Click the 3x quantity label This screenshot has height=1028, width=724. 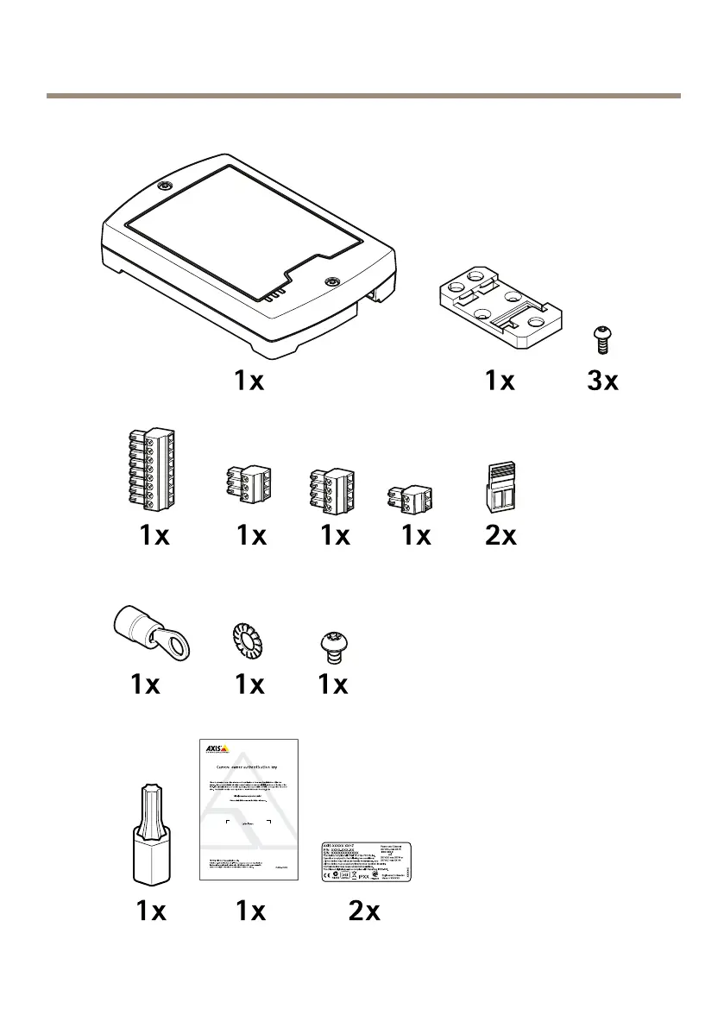[x=602, y=381]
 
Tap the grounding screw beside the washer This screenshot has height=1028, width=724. [x=332, y=645]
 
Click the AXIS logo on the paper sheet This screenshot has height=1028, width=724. [x=213, y=748]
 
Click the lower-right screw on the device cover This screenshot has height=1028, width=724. [x=331, y=281]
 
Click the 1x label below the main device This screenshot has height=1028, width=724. [x=249, y=381]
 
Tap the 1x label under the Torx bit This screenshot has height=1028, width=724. [x=151, y=911]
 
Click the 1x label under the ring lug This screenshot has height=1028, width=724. [x=146, y=684]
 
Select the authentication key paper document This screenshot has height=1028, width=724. [x=249, y=810]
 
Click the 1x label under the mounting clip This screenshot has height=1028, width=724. [x=499, y=381]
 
